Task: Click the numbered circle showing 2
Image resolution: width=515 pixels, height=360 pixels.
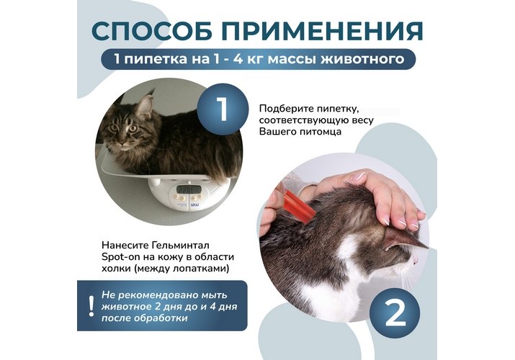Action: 395,312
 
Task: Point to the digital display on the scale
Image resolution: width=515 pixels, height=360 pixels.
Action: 188,189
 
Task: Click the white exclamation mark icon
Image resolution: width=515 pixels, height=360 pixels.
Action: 91,306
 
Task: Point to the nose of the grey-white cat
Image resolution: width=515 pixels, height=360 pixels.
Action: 415,261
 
